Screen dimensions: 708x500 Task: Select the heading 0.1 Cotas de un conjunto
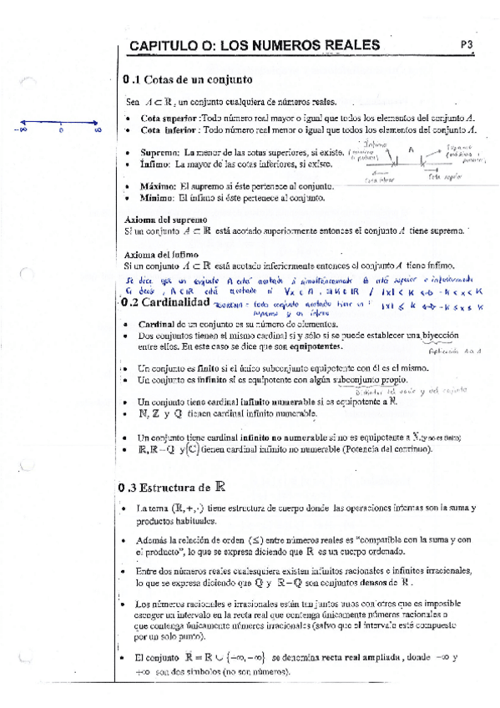(186, 81)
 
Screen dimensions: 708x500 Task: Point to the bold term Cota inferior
(169, 130)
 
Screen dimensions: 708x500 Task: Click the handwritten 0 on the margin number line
(62, 131)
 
